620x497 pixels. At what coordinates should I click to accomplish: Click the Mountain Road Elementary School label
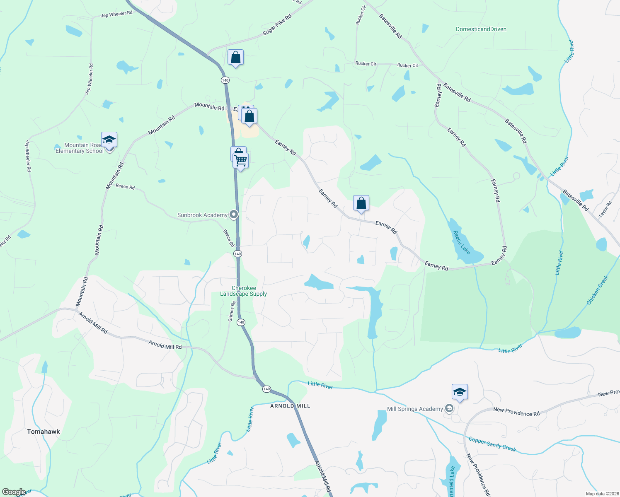pyautogui.click(x=80, y=148)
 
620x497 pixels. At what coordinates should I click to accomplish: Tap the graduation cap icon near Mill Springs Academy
pyautogui.click(x=460, y=392)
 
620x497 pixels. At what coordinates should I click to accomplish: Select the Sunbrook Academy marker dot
pyautogui.click(x=234, y=215)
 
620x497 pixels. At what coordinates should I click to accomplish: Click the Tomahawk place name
pyautogui.click(x=44, y=432)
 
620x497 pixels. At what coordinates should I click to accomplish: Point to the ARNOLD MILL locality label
pyautogui.click(x=290, y=406)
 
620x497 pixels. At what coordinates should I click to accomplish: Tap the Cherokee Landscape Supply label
pyautogui.click(x=244, y=291)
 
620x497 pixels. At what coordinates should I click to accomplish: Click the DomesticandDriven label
pyautogui.click(x=481, y=29)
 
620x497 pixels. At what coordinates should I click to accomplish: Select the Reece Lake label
pyautogui.click(x=461, y=243)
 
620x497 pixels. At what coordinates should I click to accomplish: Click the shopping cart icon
pyautogui.click(x=241, y=160)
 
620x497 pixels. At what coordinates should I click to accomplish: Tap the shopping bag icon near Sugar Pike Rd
pyautogui.click(x=235, y=57)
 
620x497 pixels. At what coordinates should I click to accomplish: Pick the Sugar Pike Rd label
pyautogui.click(x=277, y=25)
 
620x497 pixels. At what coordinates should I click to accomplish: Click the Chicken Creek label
pyautogui.click(x=597, y=290)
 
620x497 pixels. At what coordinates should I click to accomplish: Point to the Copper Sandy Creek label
pyautogui.click(x=492, y=444)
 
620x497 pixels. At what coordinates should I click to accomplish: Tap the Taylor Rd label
pyautogui.click(x=605, y=210)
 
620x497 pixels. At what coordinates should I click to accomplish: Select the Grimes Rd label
pyautogui.click(x=232, y=311)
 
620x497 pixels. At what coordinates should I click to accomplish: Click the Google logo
pyautogui.click(x=14, y=492)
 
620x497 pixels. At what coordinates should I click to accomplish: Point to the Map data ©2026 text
pyautogui.click(x=601, y=494)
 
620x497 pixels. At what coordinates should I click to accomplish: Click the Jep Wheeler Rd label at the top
pyautogui.click(x=116, y=14)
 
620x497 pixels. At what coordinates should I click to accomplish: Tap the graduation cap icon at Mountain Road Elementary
pyautogui.click(x=109, y=140)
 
